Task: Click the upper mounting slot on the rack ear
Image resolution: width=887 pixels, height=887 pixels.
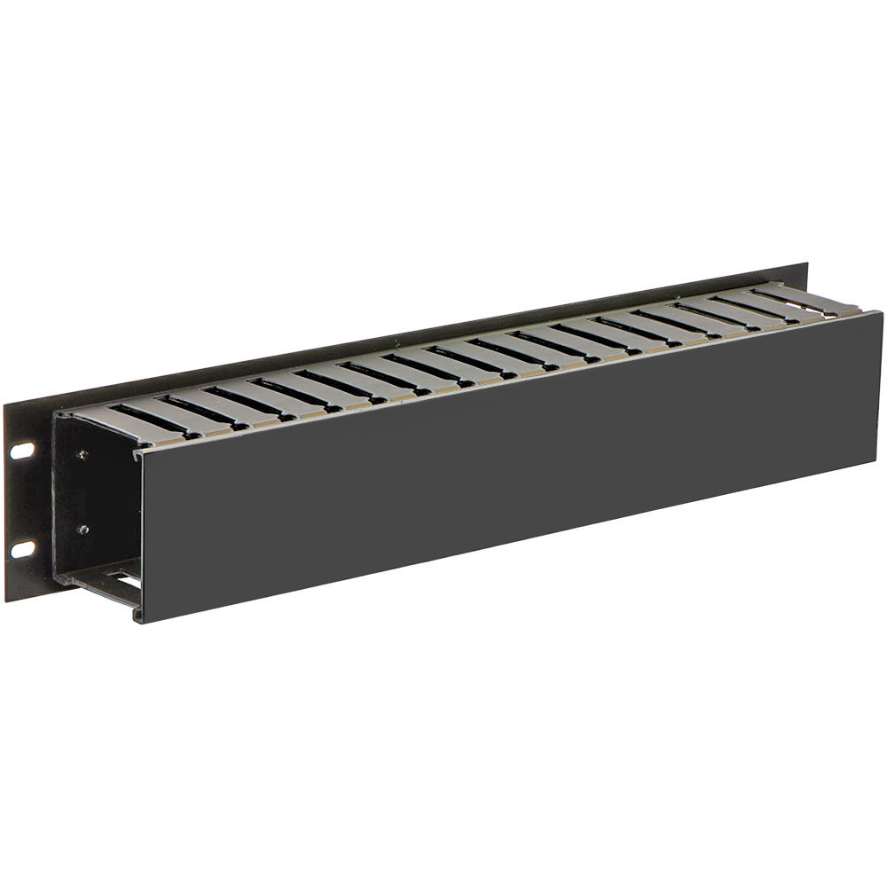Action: [23, 451]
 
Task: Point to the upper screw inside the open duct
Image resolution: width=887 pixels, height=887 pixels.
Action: [82, 455]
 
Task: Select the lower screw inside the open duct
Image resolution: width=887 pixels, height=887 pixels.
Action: [82, 530]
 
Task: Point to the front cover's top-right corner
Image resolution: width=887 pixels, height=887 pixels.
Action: [881, 312]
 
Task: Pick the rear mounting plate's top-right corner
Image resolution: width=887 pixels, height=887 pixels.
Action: [807, 263]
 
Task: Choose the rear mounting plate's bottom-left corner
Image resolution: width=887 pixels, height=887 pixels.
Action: [6, 600]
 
